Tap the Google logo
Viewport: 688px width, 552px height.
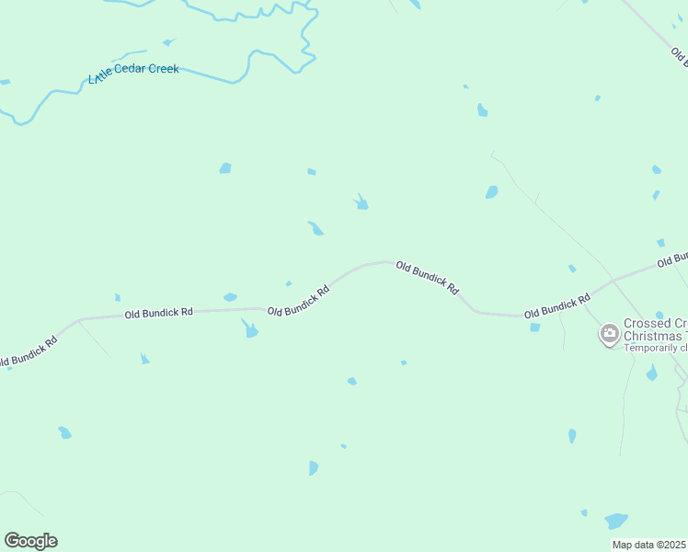click(x=30, y=541)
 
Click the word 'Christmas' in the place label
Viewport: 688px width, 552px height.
click(x=654, y=336)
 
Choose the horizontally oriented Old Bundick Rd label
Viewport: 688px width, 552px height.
click(x=158, y=314)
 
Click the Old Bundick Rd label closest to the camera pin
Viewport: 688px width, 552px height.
click(x=557, y=307)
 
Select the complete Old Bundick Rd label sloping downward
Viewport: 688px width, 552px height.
click(x=428, y=277)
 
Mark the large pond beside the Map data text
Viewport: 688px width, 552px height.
click(x=616, y=521)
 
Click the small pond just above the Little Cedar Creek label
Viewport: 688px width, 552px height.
click(x=167, y=42)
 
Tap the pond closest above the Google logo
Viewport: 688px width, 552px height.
click(x=64, y=431)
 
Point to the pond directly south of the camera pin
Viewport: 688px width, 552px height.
click(x=651, y=374)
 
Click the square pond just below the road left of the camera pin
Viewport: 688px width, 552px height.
click(x=535, y=327)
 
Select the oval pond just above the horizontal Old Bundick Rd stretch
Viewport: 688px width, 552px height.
click(x=230, y=297)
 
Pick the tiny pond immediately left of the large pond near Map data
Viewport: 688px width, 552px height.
click(x=584, y=512)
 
